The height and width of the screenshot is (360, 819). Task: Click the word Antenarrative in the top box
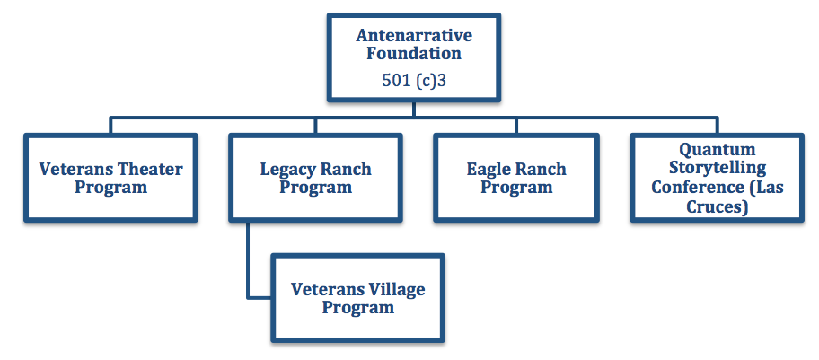tap(414, 36)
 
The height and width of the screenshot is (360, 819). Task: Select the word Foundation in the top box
tap(414, 53)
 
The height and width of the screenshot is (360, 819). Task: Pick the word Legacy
tap(287, 170)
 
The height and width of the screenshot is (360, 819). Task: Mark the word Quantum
tap(717, 149)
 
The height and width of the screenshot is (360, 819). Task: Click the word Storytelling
tap(718, 168)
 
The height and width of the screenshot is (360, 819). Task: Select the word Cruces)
tap(718, 206)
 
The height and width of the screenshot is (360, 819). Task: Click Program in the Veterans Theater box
tap(110, 188)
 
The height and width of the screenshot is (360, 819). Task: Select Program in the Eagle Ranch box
tap(516, 188)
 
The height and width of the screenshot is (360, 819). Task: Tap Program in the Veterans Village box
tap(357, 308)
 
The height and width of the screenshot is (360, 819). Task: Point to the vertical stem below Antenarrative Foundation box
tap(414, 109)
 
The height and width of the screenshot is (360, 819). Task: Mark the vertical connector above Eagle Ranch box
tap(516, 126)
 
